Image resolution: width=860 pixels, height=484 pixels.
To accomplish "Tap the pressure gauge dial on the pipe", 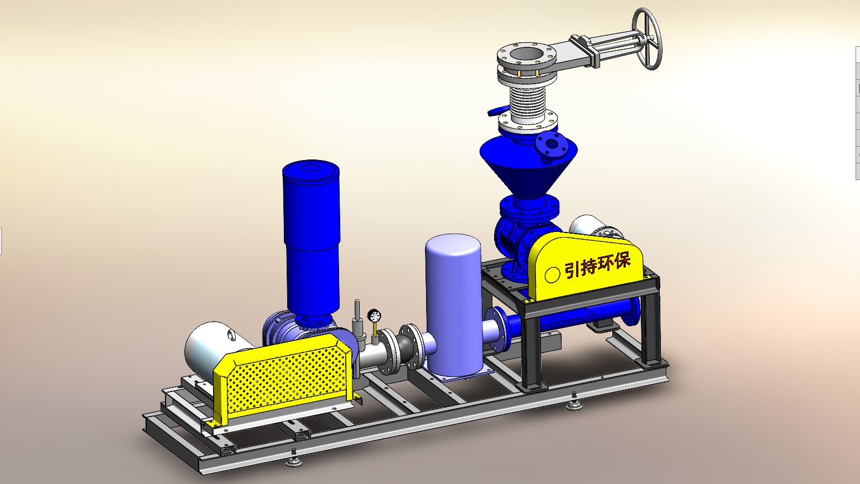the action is tap(374, 316).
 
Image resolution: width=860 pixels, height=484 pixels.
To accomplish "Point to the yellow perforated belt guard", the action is tap(283, 380).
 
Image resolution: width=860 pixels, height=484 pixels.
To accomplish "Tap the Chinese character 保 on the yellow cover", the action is tap(622, 261).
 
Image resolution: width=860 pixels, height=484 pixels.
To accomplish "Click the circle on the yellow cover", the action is tap(552, 275).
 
